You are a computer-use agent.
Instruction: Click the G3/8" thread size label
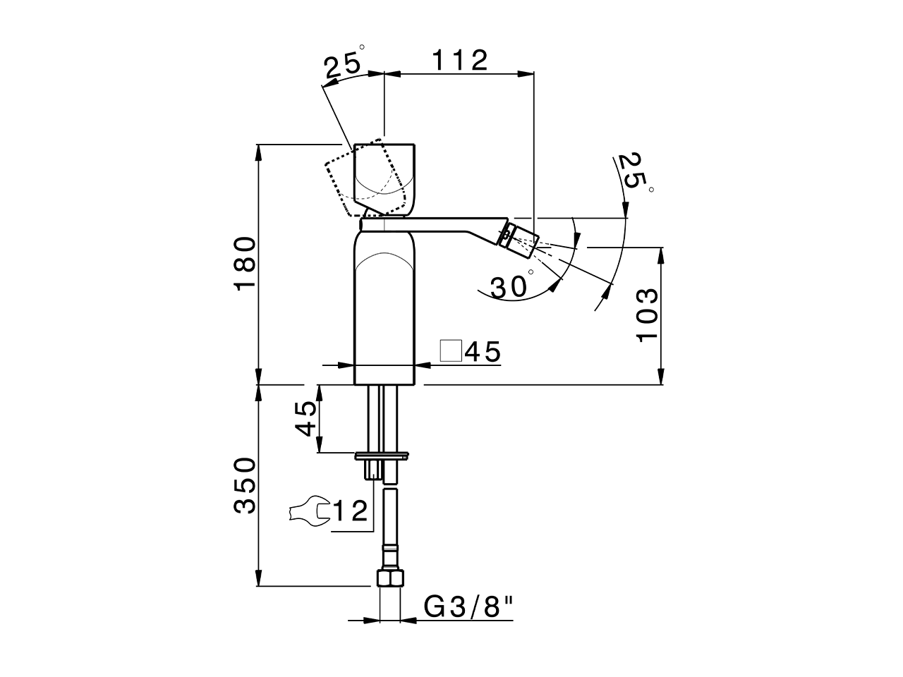(x=468, y=606)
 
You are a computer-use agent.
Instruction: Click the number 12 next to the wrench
(x=351, y=511)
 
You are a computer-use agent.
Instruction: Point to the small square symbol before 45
(x=451, y=350)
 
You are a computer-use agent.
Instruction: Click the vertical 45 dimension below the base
(x=305, y=419)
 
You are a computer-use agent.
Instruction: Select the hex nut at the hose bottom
(x=390, y=579)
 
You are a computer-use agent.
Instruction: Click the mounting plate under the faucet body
(x=382, y=455)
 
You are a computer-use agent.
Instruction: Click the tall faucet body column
(x=384, y=310)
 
